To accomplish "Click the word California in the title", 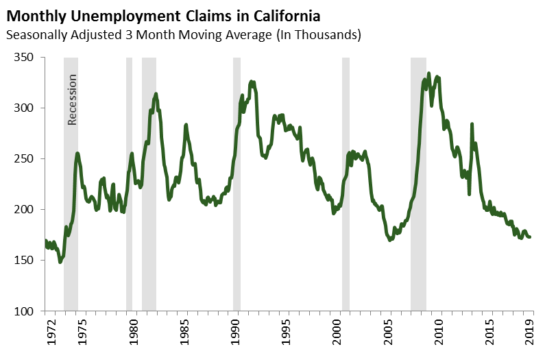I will coord(286,14).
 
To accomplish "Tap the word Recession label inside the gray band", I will coord(72,99).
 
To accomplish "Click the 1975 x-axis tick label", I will coord(82,332).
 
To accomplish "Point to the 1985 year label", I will coord(184,332).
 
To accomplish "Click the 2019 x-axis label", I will coord(529,332).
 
